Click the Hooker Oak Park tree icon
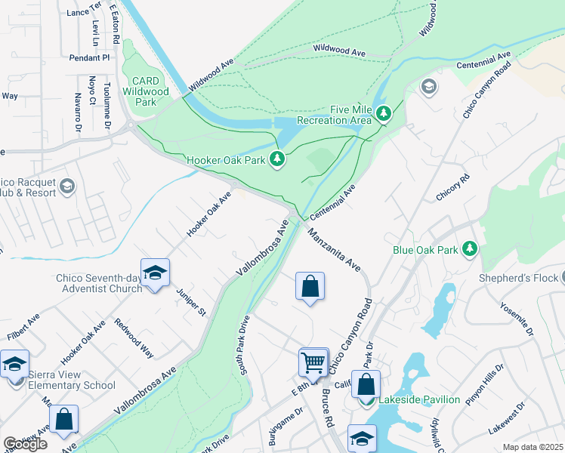tap(278, 159)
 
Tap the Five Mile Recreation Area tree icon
tap(384, 114)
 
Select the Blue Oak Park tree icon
tap(470, 248)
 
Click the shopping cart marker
tap(313, 362)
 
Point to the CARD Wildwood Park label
tap(145, 91)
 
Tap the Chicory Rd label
tap(453, 186)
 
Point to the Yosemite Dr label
tap(518, 319)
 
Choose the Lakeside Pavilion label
tap(419, 399)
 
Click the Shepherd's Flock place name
tap(521, 277)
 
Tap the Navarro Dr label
tap(77, 112)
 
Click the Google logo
tap(25, 444)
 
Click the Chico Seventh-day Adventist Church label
tap(99, 282)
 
